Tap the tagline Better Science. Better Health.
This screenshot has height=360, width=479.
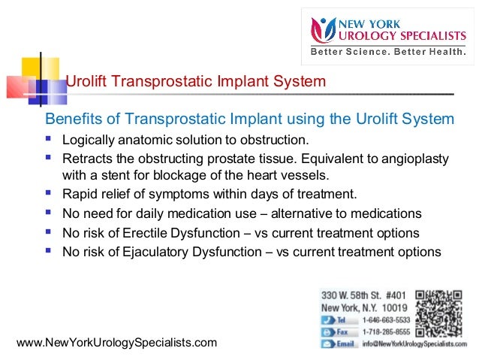[x=387, y=52]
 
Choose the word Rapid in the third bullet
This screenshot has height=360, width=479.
[x=78, y=195]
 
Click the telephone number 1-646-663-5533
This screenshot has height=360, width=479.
[x=387, y=319]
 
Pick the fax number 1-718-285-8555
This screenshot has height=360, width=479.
[x=387, y=331]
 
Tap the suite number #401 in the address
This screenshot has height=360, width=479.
[x=391, y=295]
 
